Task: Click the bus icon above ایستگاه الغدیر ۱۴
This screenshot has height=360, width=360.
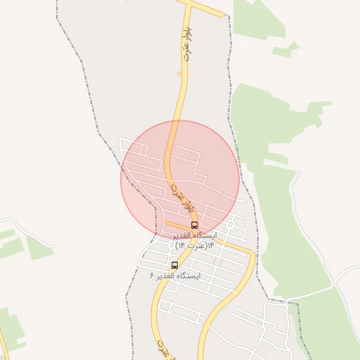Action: coord(194,226)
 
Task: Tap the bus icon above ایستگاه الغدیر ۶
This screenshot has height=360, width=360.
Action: coord(174,266)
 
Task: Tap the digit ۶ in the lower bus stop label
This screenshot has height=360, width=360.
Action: coord(152,276)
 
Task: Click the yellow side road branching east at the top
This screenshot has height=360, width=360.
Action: coord(207,9)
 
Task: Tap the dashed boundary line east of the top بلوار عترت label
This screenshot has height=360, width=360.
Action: coord(230,63)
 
